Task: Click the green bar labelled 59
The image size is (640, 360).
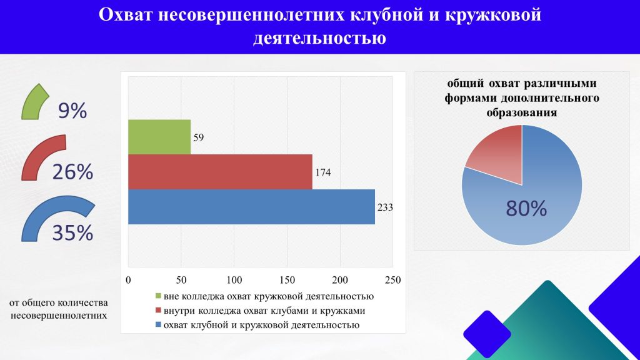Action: [x=159, y=136]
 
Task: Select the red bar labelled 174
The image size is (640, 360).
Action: [x=220, y=171]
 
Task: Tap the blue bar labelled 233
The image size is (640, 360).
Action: [x=251, y=206]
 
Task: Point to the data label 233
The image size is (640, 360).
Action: [x=385, y=207]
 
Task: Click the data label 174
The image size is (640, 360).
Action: [x=322, y=172]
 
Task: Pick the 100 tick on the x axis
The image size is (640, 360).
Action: [x=234, y=279]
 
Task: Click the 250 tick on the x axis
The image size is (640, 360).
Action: [x=393, y=279]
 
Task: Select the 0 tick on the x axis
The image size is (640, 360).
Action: [x=128, y=279]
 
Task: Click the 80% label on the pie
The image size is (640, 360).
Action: [x=526, y=209]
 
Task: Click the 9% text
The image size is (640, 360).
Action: [x=72, y=111]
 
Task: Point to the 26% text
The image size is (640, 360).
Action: [x=72, y=171]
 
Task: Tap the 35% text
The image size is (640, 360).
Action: [x=72, y=233]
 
